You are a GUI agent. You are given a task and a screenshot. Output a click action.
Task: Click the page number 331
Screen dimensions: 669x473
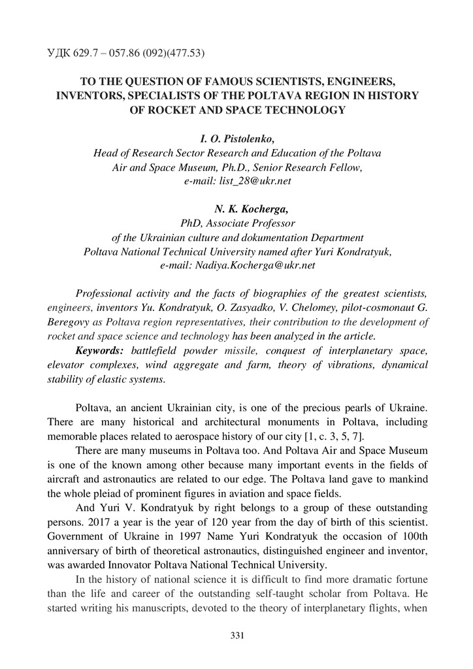[x=236, y=635]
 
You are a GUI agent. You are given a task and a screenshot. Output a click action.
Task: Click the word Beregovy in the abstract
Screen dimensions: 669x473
[x=67, y=322]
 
